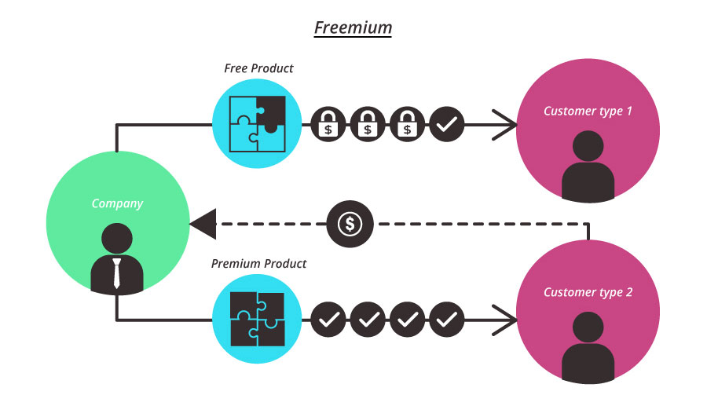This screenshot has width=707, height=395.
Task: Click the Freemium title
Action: pyautogui.click(x=353, y=28)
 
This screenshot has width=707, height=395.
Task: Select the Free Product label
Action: pyautogui.click(x=258, y=68)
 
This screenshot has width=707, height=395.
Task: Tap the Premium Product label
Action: pyautogui.click(x=258, y=263)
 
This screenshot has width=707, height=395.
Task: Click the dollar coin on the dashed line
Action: pyautogui.click(x=350, y=224)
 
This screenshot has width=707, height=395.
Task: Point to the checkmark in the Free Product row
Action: pyautogui.click(x=447, y=123)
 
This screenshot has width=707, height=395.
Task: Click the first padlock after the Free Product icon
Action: pyautogui.click(x=328, y=123)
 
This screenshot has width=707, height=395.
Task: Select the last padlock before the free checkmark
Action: pyautogui.click(x=407, y=123)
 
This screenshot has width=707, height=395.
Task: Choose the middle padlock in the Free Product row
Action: pyautogui.click(x=368, y=123)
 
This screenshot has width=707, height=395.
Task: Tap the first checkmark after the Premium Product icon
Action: pyautogui.click(x=328, y=319)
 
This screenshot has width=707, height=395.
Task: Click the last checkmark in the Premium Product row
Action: pyautogui.click(x=447, y=319)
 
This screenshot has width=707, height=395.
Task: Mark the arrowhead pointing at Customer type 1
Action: pyautogui.click(x=506, y=123)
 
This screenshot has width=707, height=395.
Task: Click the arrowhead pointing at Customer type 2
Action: pyautogui.click(x=506, y=319)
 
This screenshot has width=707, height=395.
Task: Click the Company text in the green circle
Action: pyautogui.click(x=117, y=203)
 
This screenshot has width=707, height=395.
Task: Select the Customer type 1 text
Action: pyautogui.click(x=588, y=111)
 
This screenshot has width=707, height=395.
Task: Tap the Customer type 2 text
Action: pyautogui.click(x=588, y=292)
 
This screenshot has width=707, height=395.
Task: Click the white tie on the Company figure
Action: pyautogui.click(x=117, y=272)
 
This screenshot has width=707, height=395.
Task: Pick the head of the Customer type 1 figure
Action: pyautogui.click(x=588, y=147)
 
